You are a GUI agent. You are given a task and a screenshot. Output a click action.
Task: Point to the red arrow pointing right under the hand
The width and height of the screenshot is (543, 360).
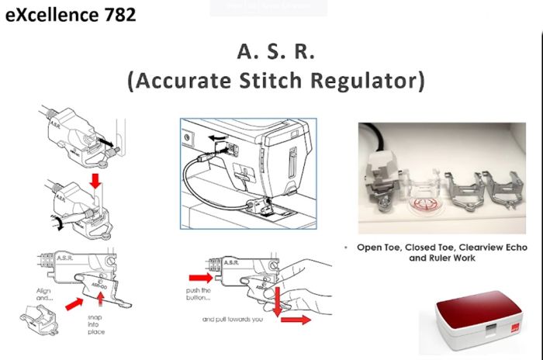[295, 317]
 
